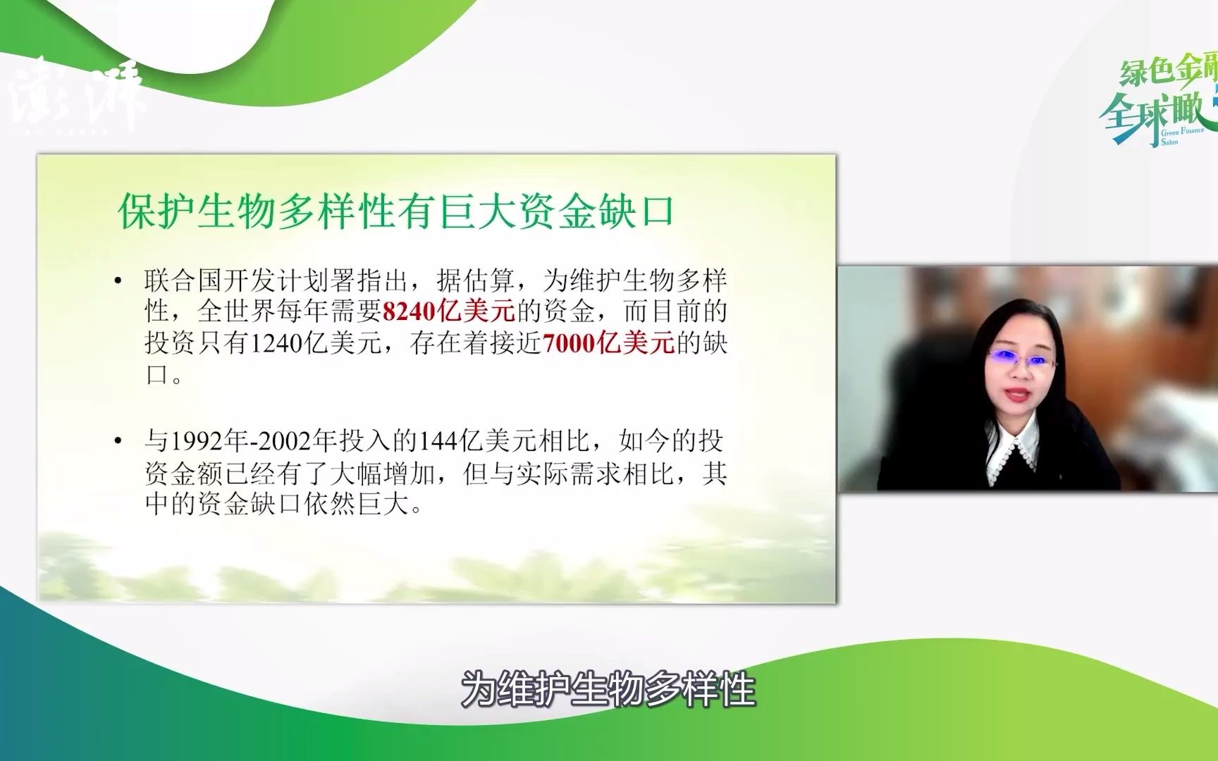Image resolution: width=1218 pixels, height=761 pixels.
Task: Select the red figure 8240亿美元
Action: (x=448, y=311)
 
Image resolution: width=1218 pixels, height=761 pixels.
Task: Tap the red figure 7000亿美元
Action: (x=609, y=344)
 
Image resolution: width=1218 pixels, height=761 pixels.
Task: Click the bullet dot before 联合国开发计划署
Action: (x=118, y=281)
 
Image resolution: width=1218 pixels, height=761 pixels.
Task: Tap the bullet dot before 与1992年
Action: (x=118, y=442)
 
